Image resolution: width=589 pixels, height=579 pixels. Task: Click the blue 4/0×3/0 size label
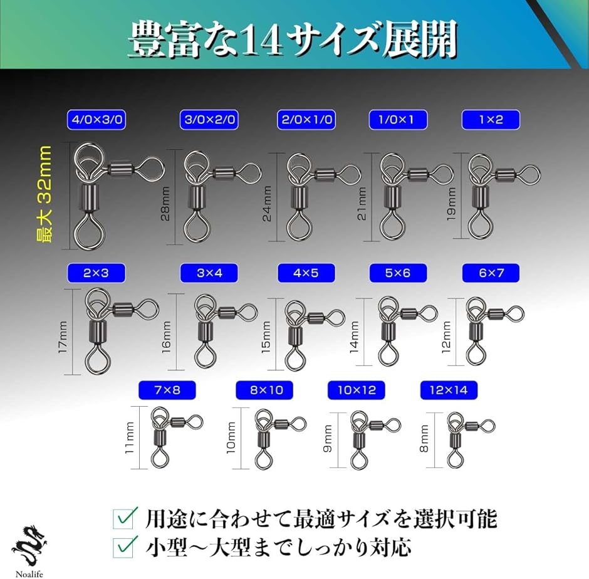click(x=96, y=120)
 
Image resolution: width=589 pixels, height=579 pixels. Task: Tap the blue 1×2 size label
click(x=491, y=120)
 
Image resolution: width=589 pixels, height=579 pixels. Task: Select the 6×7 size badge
click(x=491, y=273)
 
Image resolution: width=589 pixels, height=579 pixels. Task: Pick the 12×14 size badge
click(x=449, y=390)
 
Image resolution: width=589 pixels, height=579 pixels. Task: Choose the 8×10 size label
click(x=264, y=390)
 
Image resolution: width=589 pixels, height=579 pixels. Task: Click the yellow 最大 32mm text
click(x=44, y=194)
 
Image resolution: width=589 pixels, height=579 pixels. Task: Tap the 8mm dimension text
click(x=424, y=438)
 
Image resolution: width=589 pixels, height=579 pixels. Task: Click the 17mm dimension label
click(x=63, y=336)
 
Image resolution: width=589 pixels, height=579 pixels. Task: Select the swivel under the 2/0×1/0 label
click(x=319, y=196)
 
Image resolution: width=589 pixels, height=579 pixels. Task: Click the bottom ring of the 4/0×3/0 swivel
click(x=90, y=232)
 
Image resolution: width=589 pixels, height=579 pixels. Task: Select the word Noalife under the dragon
click(x=29, y=574)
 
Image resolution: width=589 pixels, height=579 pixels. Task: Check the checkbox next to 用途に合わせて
click(x=124, y=519)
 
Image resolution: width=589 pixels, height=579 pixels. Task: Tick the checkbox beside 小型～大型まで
click(x=124, y=548)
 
